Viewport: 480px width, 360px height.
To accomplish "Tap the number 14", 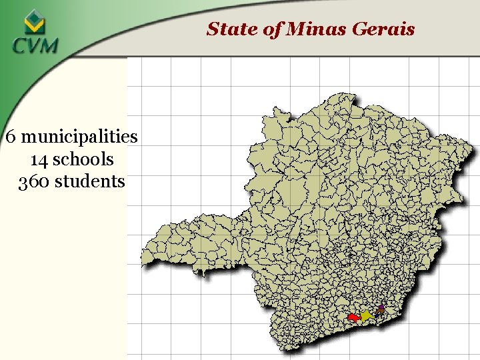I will point(39,160).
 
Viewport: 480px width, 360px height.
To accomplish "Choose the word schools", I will point(83,160).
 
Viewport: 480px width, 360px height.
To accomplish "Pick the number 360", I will point(32,181).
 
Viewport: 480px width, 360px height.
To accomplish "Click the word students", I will point(90,181).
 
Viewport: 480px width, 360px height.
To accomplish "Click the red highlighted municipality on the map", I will point(354,317).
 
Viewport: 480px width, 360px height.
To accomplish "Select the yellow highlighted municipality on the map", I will point(366,315).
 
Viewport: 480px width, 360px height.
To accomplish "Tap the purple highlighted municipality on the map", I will point(381,307).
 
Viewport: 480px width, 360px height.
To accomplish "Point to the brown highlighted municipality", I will point(380,311).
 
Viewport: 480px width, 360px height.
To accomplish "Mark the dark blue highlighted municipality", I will point(377,315).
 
